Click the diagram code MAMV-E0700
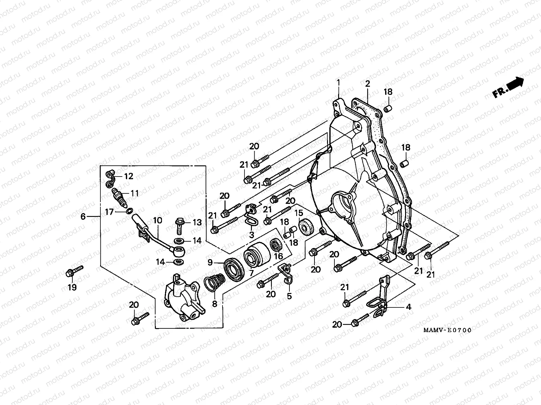pos(447,330)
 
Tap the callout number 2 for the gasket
pos(368,84)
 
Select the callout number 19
pos(72,287)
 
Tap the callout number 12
pos(128,176)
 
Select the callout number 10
pos(158,220)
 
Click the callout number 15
pos(299,213)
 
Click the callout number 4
pos(408,307)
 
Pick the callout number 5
pos(289,296)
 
